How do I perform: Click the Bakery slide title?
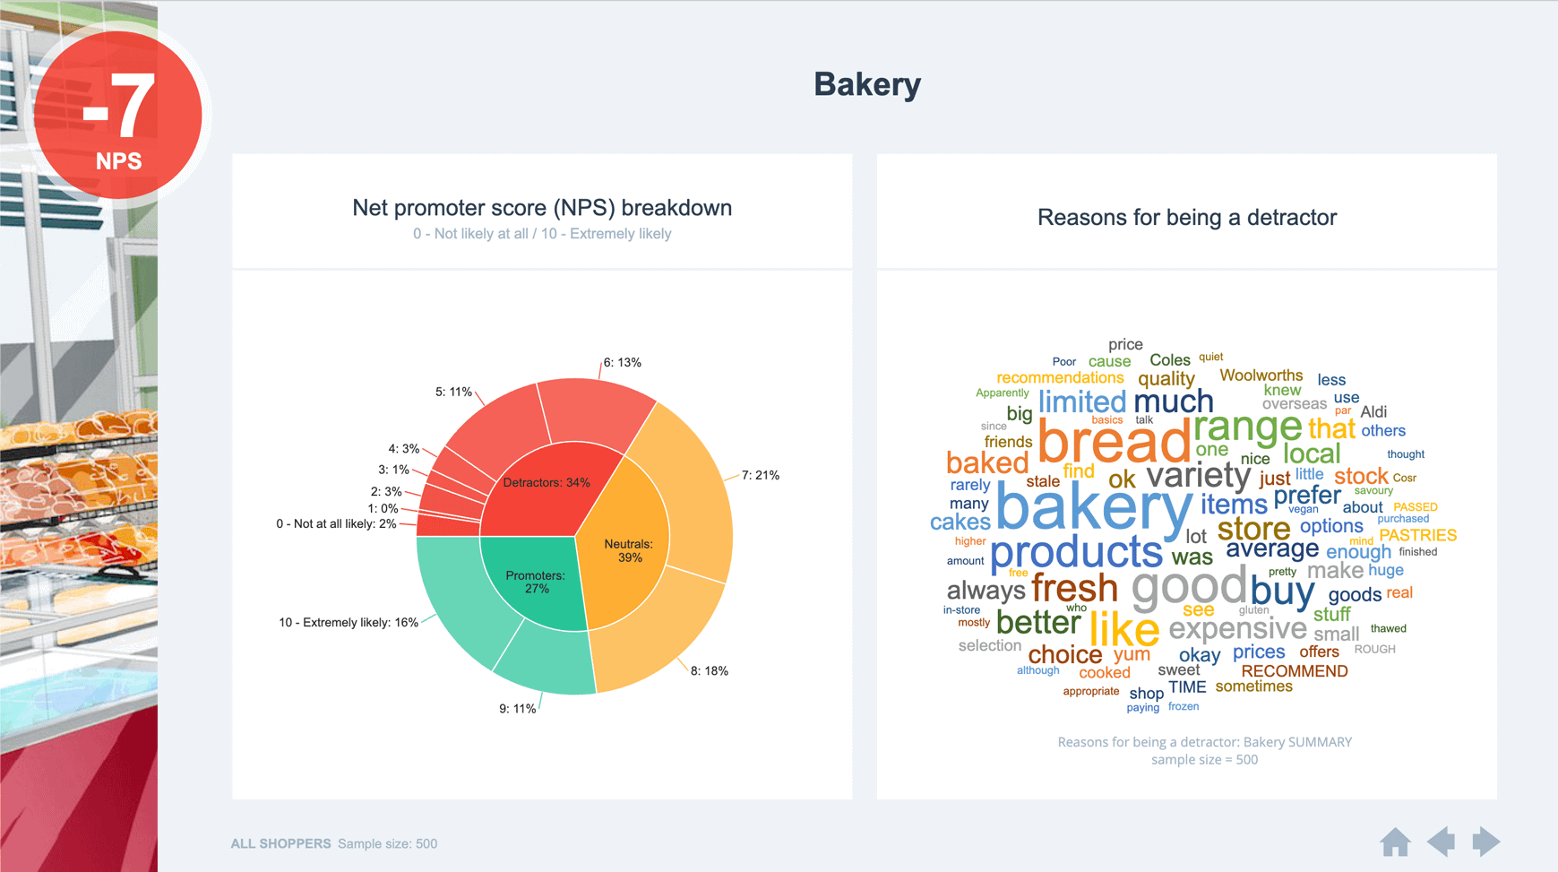pyautogui.click(x=866, y=85)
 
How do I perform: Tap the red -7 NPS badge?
pyautogui.click(x=118, y=115)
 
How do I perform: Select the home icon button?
pyautogui.click(x=1395, y=842)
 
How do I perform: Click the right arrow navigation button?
pyautogui.click(x=1485, y=842)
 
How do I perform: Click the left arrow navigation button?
pyautogui.click(x=1441, y=842)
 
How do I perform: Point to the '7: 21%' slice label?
pyautogui.click(x=760, y=475)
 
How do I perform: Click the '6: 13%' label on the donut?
pyautogui.click(x=622, y=363)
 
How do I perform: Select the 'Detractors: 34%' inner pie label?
pyautogui.click(x=546, y=482)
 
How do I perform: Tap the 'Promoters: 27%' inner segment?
pyautogui.click(x=535, y=582)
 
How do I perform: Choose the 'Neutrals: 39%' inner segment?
pyautogui.click(x=628, y=550)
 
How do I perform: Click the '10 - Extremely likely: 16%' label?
pyautogui.click(x=348, y=622)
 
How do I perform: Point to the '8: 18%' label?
pyautogui.click(x=709, y=670)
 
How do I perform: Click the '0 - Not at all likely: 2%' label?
pyautogui.click(x=336, y=523)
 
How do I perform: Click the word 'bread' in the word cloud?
pyautogui.click(x=1113, y=442)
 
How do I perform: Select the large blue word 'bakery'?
pyautogui.click(x=1093, y=506)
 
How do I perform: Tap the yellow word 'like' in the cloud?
pyautogui.click(x=1123, y=629)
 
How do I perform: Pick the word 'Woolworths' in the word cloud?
pyautogui.click(x=1261, y=376)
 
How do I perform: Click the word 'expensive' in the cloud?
pyautogui.click(x=1237, y=628)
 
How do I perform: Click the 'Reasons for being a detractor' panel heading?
pyautogui.click(x=1186, y=217)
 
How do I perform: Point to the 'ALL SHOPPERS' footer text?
pyautogui.click(x=280, y=843)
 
